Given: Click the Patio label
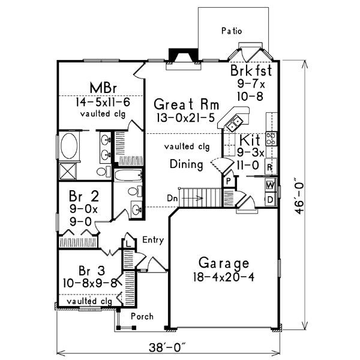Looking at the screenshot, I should [x=231, y=30].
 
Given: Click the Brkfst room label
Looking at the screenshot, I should [x=251, y=71].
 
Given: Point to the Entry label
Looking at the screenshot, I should [x=153, y=240].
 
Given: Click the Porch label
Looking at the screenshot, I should [x=142, y=316].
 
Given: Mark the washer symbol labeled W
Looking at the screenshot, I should [x=271, y=184].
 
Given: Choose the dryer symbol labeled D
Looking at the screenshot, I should [x=271, y=199].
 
